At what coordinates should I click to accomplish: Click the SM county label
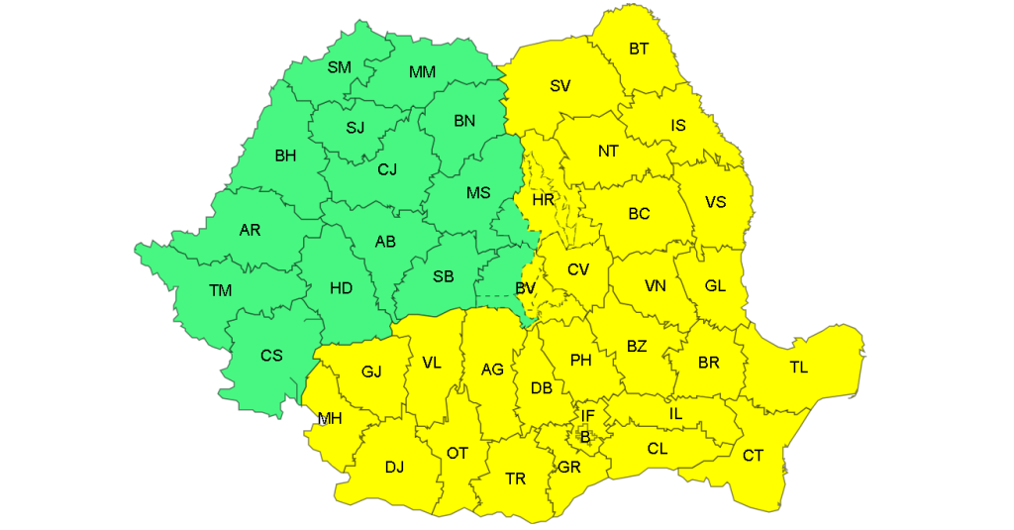[339, 67]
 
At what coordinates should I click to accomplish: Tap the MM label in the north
[423, 71]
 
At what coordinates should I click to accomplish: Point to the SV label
[560, 85]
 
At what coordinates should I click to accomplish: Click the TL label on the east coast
[798, 368]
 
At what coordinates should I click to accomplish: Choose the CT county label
[753, 455]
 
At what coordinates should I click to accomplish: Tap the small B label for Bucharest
[584, 436]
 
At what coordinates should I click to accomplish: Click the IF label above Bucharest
[587, 416]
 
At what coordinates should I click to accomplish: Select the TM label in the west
[220, 290]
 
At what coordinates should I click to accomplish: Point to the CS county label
[271, 356]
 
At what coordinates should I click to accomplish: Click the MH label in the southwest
[329, 418]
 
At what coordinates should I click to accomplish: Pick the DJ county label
[394, 467]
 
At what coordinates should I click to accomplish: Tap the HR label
[543, 200]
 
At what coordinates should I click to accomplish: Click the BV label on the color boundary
[525, 288]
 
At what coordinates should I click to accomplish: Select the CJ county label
[387, 169]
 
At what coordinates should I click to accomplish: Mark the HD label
[341, 288]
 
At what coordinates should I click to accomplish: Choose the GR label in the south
[568, 468]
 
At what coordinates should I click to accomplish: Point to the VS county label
[715, 202]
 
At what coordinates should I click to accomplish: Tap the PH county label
[580, 361]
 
